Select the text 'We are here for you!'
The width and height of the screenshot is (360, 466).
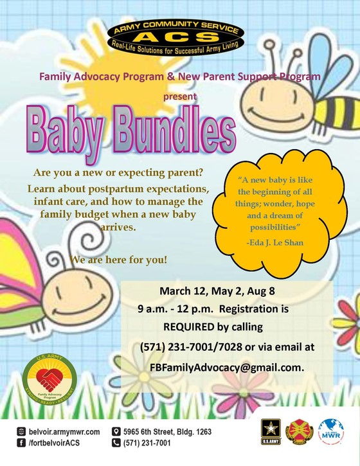click(110, 260)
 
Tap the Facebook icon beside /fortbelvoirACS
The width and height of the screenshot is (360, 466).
click(22, 444)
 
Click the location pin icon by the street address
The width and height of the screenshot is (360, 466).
click(116, 431)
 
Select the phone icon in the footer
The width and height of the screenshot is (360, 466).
click(116, 444)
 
